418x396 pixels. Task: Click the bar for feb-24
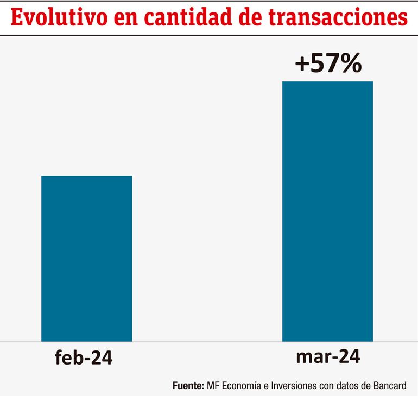pos(87,259)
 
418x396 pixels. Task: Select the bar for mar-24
pos(327,212)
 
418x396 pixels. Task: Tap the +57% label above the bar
pos(327,65)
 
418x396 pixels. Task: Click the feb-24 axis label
pos(84,358)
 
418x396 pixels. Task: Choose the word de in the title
pos(258,18)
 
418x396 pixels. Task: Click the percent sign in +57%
pos(350,65)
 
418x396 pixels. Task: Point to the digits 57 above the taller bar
pos(324,65)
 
